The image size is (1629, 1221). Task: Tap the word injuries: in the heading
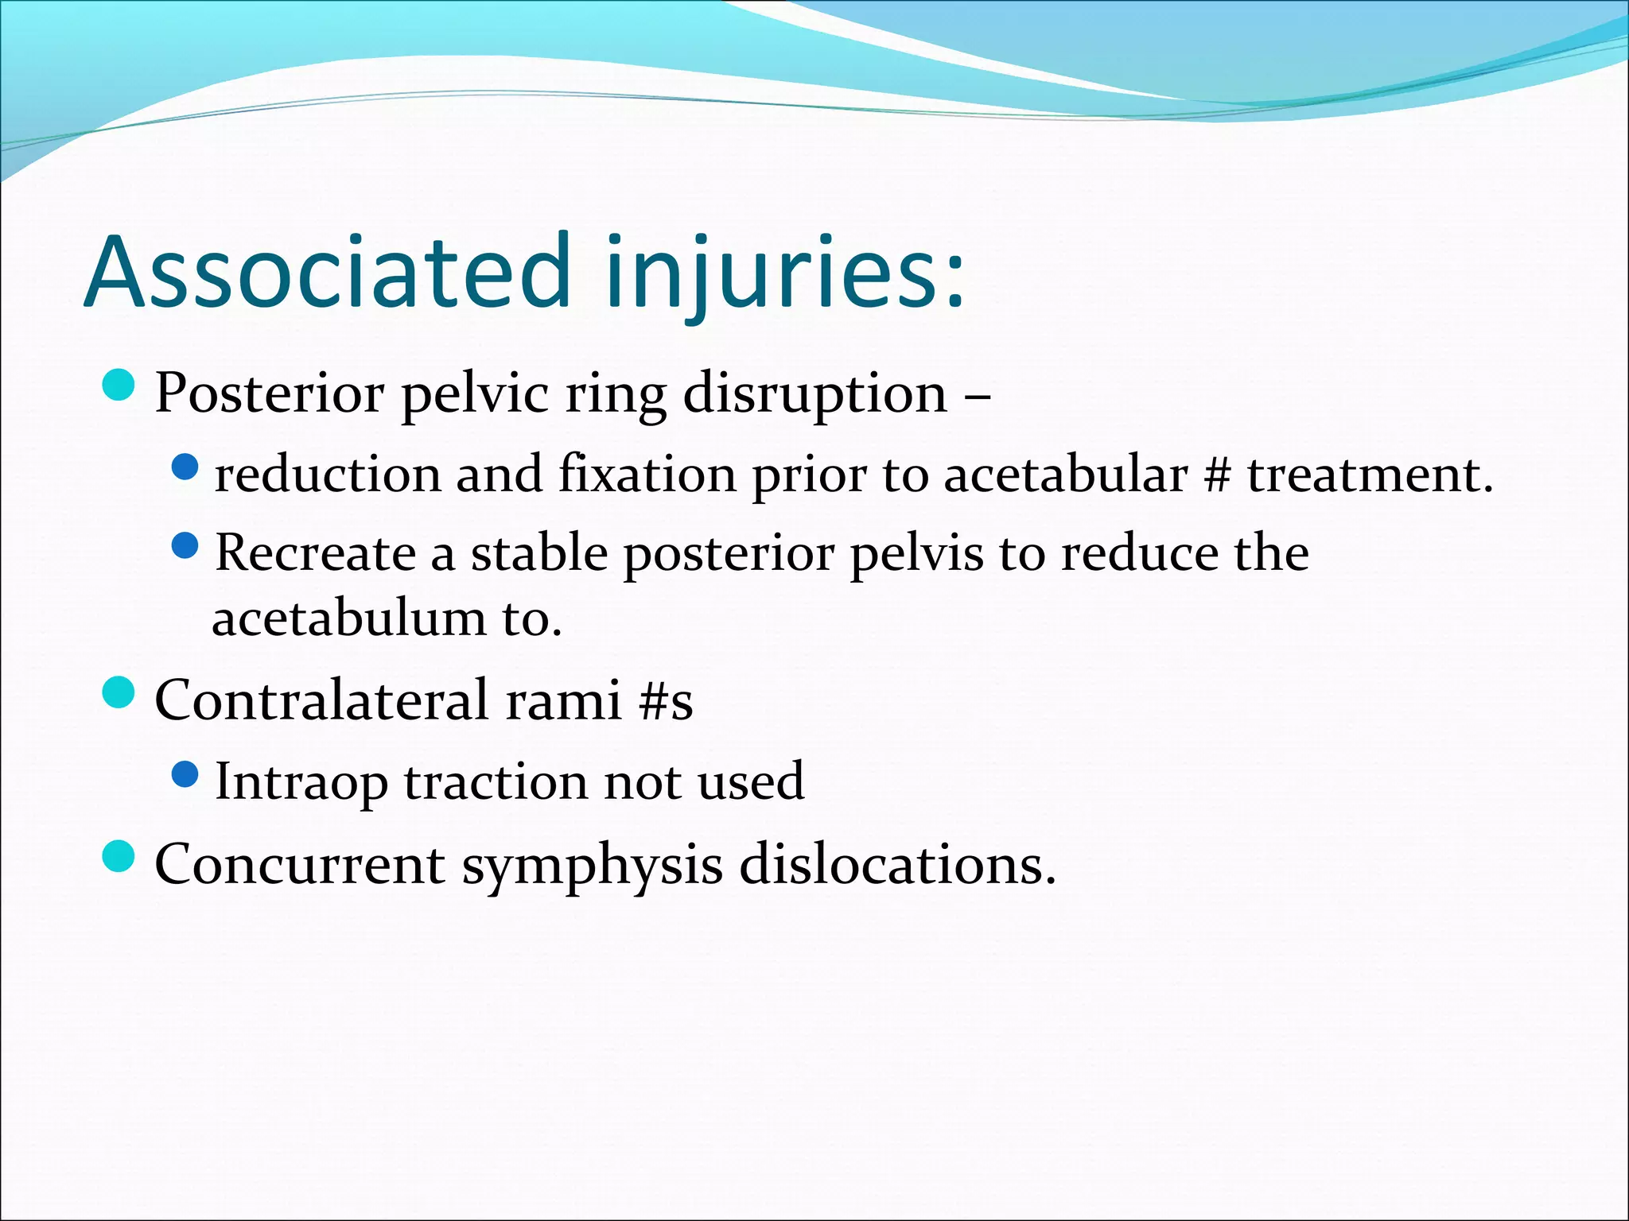point(784,272)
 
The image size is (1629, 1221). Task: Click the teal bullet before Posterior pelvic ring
point(119,385)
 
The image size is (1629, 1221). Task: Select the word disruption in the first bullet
point(815,393)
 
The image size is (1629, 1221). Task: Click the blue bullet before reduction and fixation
point(185,467)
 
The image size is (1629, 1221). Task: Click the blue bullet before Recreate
point(185,545)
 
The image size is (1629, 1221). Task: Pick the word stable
point(539,553)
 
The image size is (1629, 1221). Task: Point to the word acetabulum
point(348,618)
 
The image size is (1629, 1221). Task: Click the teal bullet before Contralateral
point(119,692)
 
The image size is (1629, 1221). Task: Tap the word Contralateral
point(321,701)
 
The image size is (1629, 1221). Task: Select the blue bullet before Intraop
point(185,774)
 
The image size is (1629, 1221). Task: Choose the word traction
point(496,782)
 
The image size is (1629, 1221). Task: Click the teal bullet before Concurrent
point(119,856)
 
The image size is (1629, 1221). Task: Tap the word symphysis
point(592,865)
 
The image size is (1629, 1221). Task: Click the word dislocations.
point(897,865)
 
